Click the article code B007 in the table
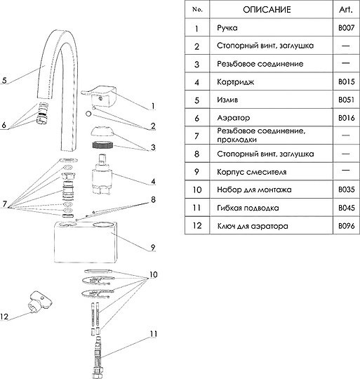pos(346,28)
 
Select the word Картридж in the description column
pos(235,82)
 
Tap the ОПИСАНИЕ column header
pos(267,10)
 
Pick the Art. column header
pos(346,9)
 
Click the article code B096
pos(347,226)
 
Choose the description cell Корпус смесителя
pos(251,172)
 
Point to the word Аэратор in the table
pos(234,118)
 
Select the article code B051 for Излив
pos(346,100)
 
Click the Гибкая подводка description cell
pos(248,208)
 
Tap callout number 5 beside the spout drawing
pos(4,80)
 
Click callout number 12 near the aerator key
pos(4,317)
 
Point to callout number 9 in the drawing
pos(153,247)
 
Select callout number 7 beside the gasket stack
pos(5,204)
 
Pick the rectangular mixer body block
pos(86,241)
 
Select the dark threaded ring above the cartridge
pos(103,145)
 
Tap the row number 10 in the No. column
pos(197,189)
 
